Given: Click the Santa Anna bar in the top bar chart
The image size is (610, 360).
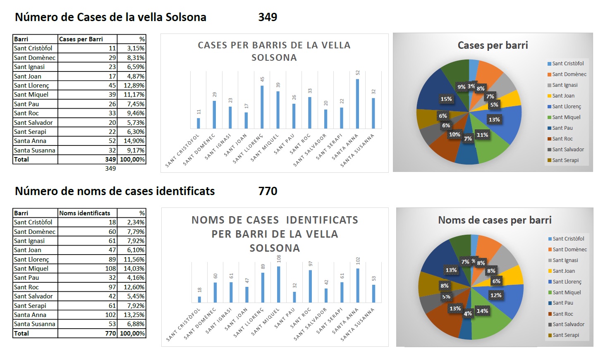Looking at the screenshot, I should click(x=357, y=104).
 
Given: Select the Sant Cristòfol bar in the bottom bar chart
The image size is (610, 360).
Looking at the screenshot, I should click(x=199, y=299).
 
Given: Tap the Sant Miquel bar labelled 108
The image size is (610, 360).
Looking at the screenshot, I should click(x=278, y=284).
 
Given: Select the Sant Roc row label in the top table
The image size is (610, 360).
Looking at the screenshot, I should click(x=26, y=113).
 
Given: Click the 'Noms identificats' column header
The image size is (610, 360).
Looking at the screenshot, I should click(x=85, y=213).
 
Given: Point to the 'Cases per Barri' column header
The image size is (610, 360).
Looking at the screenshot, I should click(x=81, y=39).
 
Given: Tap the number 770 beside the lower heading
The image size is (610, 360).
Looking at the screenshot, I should click(x=268, y=191).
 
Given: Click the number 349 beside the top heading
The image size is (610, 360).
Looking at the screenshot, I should click(x=268, y=17).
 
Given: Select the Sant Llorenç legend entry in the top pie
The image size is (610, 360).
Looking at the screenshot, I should click(x=566, y=107).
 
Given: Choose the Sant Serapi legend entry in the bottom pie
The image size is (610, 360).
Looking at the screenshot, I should click(x=565, y=335).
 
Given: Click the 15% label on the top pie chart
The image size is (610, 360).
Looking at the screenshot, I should click(x=446, y=99).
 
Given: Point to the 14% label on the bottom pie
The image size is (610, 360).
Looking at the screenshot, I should click(x=482, y=311).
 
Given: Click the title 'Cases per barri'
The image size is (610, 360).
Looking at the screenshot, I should click(x=493, y=45).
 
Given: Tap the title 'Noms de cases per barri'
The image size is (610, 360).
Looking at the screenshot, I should click(x=495, y=220).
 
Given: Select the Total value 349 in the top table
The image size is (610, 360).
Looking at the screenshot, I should click(x=110, y=160).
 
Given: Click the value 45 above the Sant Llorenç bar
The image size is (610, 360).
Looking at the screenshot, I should click(x=262, y=79).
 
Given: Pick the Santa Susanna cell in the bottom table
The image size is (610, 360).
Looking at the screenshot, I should click(x=34, y=324).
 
